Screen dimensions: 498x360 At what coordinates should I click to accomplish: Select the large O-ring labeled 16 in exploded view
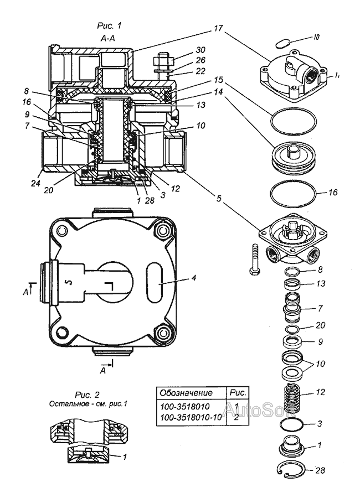[293, 194]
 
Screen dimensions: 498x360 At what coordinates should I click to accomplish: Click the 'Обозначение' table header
[186, 392]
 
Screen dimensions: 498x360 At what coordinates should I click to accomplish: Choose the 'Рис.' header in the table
[237, 392]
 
